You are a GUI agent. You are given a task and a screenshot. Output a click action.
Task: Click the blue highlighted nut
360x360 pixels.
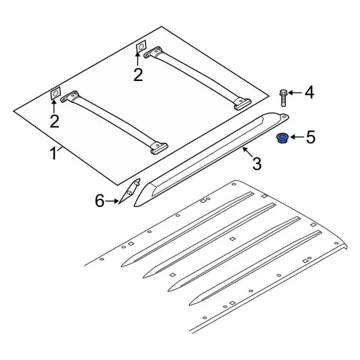tap(281, 138)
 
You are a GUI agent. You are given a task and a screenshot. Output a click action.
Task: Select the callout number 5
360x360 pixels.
tap(310, 137)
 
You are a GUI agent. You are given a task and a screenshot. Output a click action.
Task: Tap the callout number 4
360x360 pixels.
tap(309, 92)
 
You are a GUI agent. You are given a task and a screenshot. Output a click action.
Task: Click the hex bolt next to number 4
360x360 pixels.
tap(283, 97)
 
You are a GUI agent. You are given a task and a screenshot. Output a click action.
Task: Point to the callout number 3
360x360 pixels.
tap(257, 163)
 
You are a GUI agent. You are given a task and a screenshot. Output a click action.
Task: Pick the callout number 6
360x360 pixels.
tap(100, 200)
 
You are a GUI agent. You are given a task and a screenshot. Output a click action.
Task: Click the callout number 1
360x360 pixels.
tap(53, 154)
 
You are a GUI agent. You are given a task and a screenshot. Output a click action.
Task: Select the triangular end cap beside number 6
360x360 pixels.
tap(129, 191)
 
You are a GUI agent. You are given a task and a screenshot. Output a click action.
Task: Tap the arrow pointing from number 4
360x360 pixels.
tap(295, 93)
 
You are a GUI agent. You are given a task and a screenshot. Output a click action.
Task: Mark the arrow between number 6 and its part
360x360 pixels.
tap(112, 201)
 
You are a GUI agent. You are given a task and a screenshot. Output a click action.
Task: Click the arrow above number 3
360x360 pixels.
tap(247, 152)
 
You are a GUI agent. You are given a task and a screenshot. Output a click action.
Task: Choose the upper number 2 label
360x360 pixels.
tap(138, 74)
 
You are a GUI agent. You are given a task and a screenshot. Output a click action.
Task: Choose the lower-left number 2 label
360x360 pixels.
tap(55, 121)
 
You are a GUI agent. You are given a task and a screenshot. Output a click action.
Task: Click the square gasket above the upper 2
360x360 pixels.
tap(141, 47)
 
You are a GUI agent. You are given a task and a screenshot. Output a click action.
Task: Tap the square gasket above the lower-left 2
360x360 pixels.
tap(55, 93)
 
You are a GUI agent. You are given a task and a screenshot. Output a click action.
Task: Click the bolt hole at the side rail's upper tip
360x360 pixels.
tap(284, 116)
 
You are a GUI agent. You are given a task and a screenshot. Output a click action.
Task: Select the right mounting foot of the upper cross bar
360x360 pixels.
tap(242, 104)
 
